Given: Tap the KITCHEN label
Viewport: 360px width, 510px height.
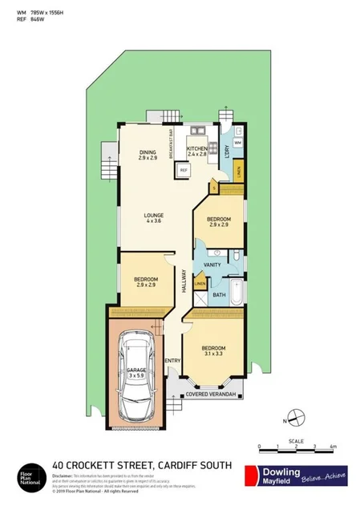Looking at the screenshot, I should click(198, 148).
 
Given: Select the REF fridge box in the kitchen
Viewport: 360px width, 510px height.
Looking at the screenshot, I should click(183, 170).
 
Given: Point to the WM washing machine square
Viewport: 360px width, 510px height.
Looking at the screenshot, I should click(238, 143).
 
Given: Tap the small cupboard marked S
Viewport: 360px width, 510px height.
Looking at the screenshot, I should click(214, 188).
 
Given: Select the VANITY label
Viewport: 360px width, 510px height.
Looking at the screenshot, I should click(212, 264).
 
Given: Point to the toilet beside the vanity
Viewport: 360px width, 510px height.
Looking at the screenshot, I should click(238, 257).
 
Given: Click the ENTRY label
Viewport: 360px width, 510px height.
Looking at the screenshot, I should click(172, 360).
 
